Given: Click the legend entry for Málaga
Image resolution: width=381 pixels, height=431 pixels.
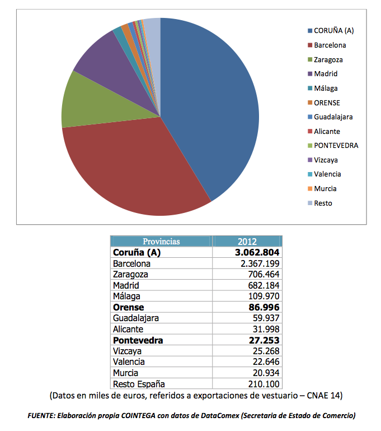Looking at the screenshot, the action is (x=323, y=88).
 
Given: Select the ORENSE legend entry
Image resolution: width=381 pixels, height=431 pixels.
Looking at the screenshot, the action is (x=324, y=103).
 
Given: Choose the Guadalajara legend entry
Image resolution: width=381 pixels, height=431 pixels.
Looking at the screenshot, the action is (x=330, y=117).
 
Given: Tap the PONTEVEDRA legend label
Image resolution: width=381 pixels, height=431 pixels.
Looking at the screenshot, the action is (x=336, y=145).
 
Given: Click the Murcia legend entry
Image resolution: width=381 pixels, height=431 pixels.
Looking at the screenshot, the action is (x=322, y=188).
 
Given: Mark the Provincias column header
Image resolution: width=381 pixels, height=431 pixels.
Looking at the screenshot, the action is (x=161, y=242).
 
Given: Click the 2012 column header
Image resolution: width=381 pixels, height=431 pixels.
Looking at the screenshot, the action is (x=247, y=242).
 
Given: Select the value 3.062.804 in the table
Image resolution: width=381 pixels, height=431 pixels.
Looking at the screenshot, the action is (x=257, y=252).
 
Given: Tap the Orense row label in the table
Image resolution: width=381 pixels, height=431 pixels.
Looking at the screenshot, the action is (x=128, y=307).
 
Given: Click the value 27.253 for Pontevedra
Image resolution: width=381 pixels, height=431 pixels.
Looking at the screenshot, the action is (x=264, y=340).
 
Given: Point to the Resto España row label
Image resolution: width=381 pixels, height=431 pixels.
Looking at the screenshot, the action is (x=139, y=384).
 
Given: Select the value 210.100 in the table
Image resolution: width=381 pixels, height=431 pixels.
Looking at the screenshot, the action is (x=264, y=384).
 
